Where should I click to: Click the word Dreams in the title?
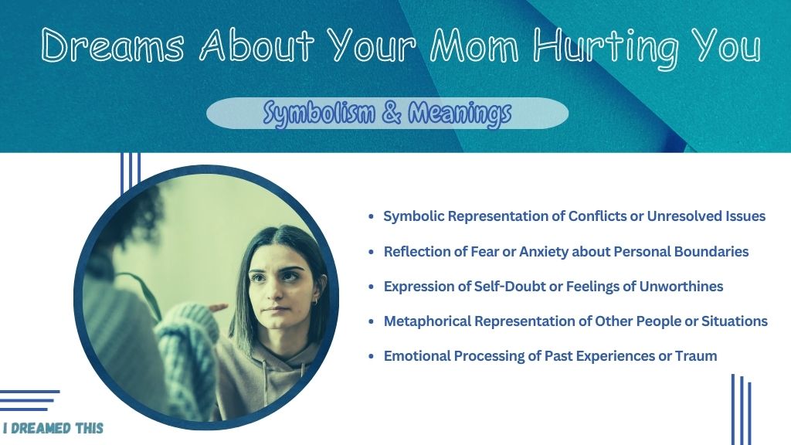tap(113, 46)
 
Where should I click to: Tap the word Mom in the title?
tap(474, 46)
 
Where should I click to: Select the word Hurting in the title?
tap(606, 49)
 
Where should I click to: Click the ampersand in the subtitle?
tap(392, 113)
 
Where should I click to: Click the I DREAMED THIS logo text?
tap(53, 428)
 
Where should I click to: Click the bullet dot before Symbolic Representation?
tap(372, 216)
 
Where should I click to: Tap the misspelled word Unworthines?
tap(681, 286)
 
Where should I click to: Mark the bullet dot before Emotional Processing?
tap(372, 356)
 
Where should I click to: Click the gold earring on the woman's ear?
tap(315, 302)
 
